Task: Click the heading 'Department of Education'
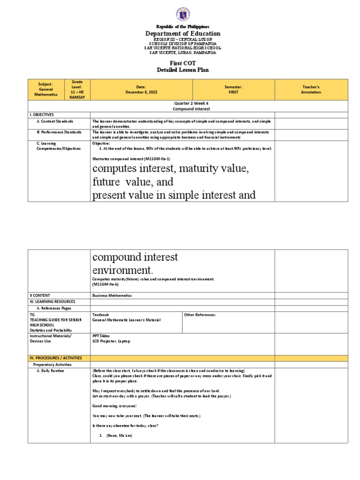tap(183, 34)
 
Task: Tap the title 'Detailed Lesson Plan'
tap(183, 70)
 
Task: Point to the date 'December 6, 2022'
tap(141, 92)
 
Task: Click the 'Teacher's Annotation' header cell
tap(311, 90)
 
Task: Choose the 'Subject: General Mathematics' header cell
tap(46, 90)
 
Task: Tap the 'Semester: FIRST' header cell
tap(233, 90)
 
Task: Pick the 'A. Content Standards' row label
tap(55, 121)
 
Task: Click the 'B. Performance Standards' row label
tap(59, 132)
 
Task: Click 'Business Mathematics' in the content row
tap(112, 295)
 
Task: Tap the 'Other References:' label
tap(200, 315)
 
